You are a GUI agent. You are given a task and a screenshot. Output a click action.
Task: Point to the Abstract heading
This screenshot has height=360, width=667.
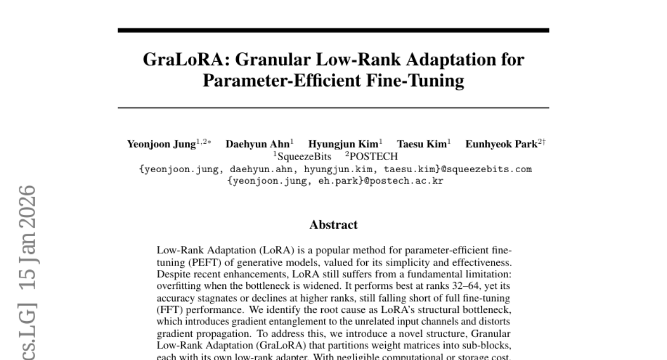point(333,225)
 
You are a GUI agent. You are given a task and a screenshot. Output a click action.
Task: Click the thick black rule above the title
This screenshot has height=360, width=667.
point(333,31)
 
